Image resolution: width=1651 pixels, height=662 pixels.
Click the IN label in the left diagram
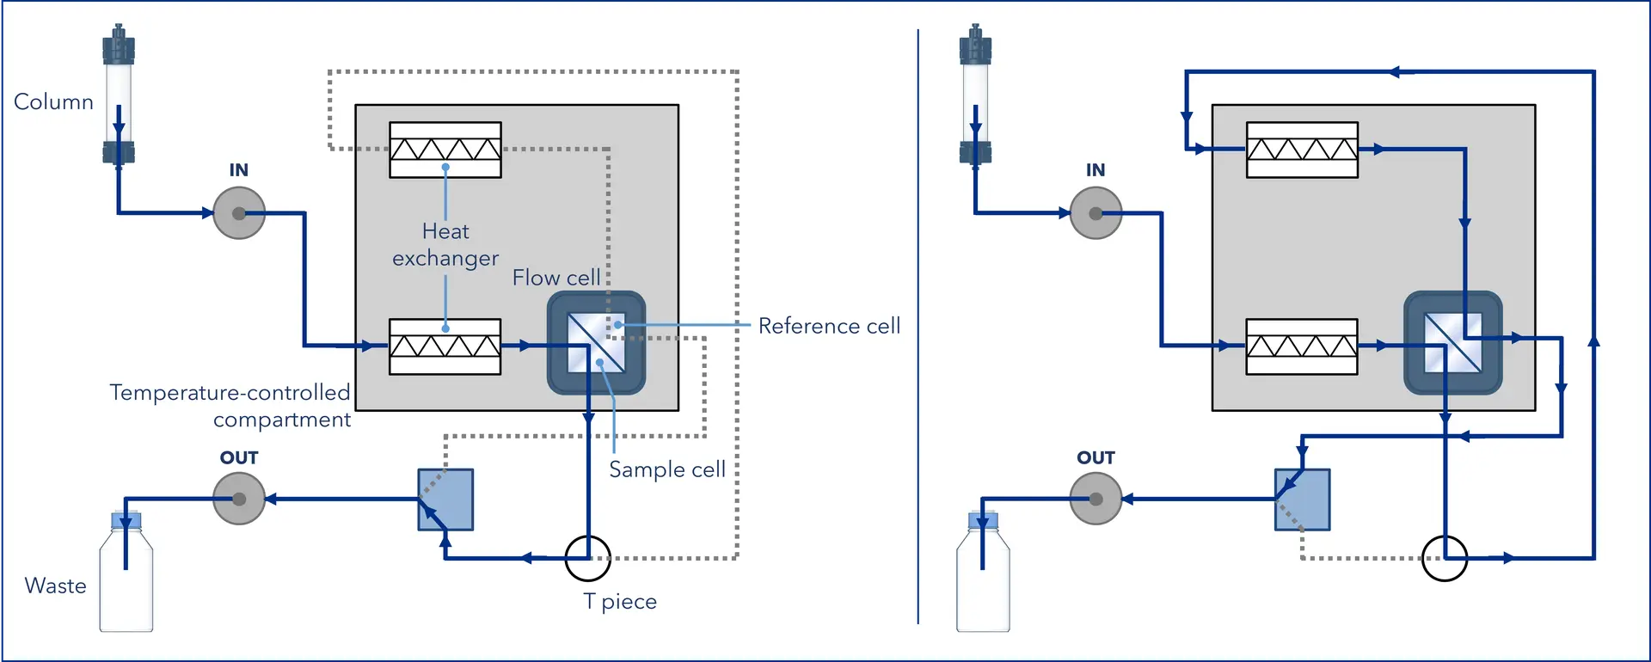238,170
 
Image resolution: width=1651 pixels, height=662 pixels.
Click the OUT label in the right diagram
1096,457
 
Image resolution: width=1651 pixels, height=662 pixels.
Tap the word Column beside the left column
53,101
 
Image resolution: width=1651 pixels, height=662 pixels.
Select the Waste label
56,585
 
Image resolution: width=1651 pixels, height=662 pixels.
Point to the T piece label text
620,601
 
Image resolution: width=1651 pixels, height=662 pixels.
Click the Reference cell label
829,326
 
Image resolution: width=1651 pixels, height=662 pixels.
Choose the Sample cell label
667,469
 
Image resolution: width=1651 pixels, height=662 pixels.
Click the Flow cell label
556,278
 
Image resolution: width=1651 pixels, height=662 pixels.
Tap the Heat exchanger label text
445,245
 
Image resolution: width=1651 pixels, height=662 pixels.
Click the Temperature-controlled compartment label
230,406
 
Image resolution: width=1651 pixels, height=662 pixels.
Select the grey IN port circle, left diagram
239,213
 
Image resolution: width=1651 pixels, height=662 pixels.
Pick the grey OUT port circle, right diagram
1096,499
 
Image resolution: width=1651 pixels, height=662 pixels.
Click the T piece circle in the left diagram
588,558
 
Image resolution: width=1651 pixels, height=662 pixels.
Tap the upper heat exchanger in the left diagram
445,150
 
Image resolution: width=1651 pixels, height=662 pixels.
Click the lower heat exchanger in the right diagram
1302,346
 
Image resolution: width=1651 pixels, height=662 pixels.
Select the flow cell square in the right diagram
1452,343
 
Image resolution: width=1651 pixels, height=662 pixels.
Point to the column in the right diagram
975,95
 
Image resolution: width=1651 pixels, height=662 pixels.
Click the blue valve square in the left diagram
445,500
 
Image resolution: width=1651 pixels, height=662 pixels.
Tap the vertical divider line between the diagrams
918,327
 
